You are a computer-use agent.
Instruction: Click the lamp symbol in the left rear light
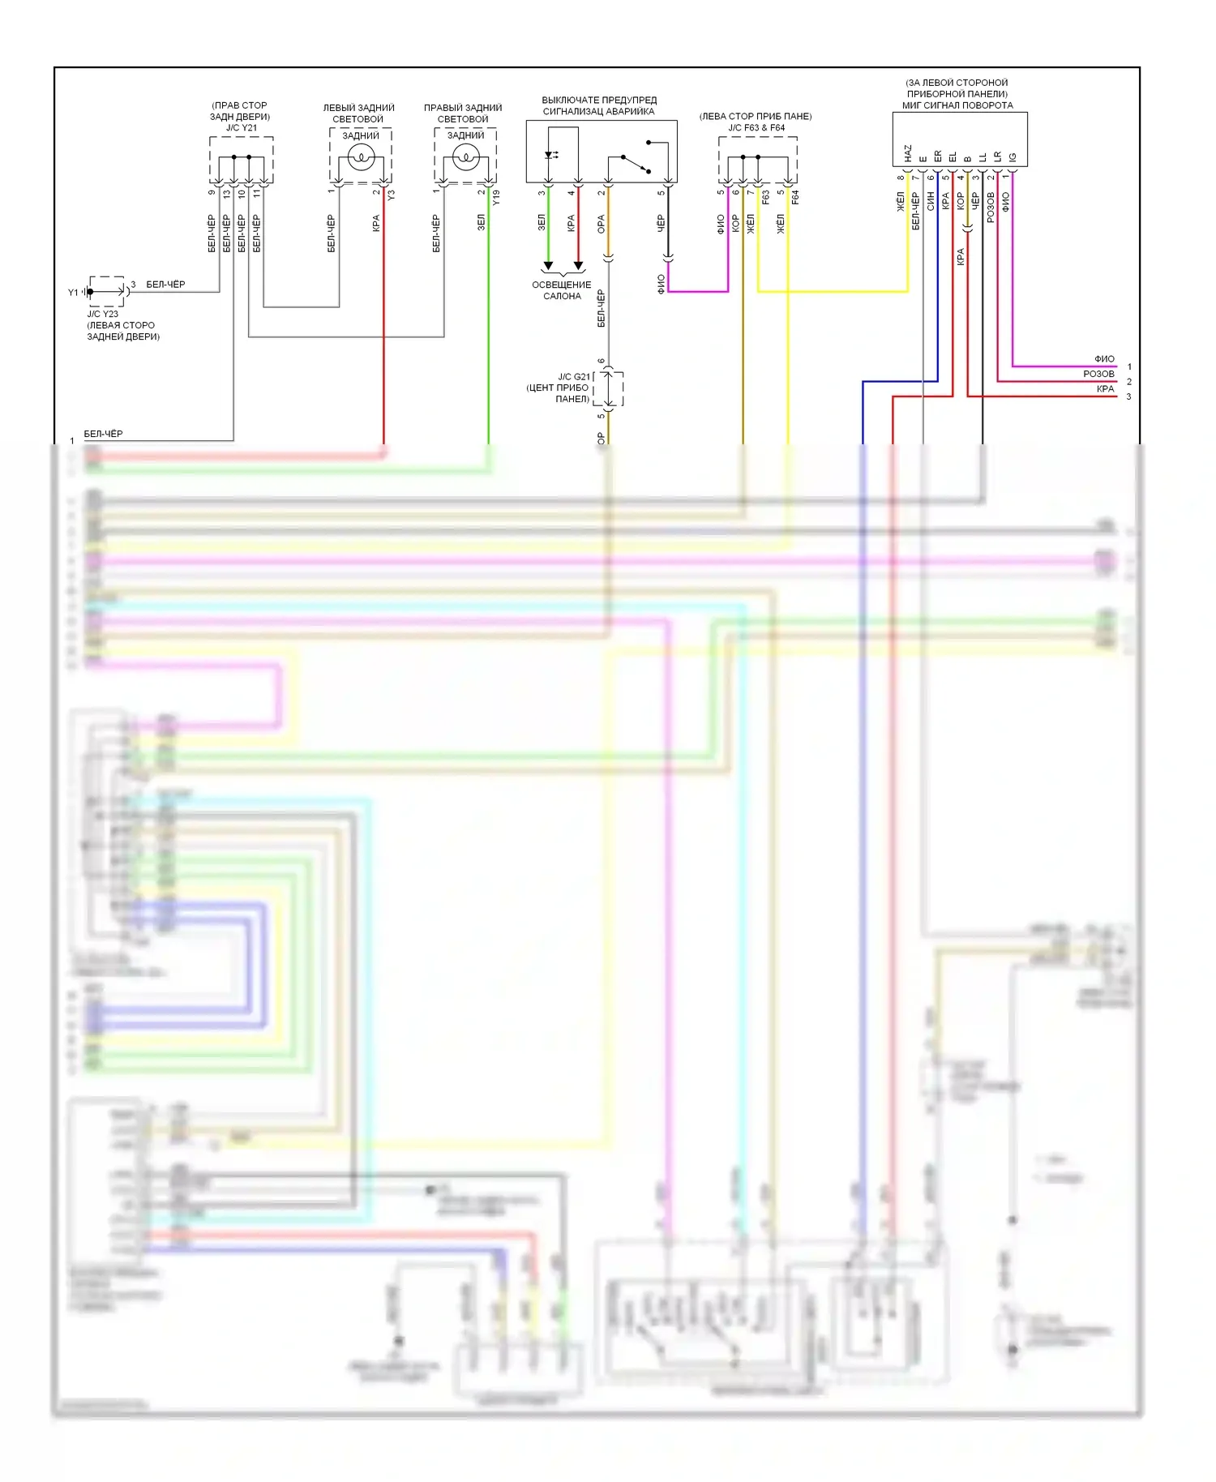(361, 157)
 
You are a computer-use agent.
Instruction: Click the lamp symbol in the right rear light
(466, 157)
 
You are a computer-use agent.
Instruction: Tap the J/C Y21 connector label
(241, 128)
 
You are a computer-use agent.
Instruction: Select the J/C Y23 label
(103, 314)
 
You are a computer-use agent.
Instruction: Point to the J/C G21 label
(573, 377)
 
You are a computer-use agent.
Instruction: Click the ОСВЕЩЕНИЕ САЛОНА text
(562, 290)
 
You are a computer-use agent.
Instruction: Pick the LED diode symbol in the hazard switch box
(550, 155)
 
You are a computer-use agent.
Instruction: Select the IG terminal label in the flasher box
(1013, 157)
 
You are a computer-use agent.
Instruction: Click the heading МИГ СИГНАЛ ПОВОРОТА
(957, 105)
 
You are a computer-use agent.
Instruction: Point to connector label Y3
(392, 195)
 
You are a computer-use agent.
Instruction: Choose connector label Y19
(496, 197)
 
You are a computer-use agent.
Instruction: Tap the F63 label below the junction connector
(765, 197)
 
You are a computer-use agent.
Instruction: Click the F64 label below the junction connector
(795, 197)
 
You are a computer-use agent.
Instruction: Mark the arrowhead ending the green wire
(548, 265)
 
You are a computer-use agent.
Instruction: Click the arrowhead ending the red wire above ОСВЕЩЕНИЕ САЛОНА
(578, 265)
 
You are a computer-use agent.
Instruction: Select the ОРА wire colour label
(601, 225)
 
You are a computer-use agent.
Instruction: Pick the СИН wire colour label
(931, 201)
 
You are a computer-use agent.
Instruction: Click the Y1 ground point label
(73, 292)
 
